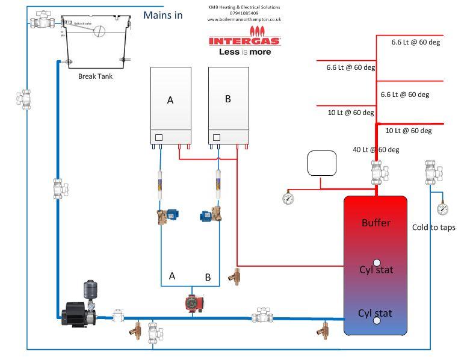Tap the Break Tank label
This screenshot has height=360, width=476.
click(95, 76)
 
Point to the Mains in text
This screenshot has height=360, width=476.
click(162, 15)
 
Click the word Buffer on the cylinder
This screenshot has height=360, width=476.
click(376, 223)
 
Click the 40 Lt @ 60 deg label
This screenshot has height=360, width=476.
click(376, 149)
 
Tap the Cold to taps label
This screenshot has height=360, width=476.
click(433, 227)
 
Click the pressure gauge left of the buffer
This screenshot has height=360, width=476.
click(288, 197)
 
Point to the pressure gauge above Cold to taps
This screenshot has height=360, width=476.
click(443, 209)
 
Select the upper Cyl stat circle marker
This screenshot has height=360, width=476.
click(377, 262)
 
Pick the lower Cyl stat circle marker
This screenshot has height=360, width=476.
click(377, 321)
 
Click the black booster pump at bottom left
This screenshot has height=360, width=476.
click(76, 312)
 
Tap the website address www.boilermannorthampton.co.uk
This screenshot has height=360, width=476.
click(244, 19)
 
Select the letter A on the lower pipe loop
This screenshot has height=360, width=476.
click(172, 276)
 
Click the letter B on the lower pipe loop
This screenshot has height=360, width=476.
click(208, 278)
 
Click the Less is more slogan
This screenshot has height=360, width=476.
click(244, 52)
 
